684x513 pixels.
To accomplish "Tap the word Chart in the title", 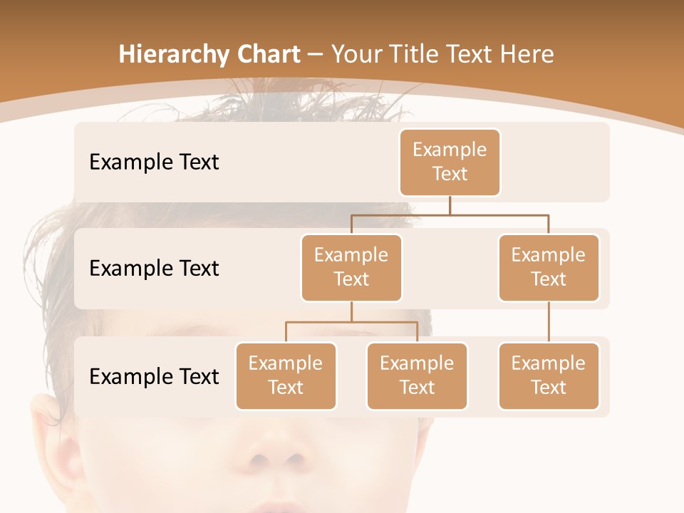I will tap(265, 55).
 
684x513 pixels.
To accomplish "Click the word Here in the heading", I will tap(527, 55).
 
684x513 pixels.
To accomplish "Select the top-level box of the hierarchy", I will tap(450, 162).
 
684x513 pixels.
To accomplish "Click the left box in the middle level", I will tap(351, 268).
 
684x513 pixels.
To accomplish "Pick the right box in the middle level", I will tap(549, 268).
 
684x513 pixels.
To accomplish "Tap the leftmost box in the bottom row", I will tap(286, 376).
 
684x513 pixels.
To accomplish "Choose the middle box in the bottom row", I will tap(417, 376).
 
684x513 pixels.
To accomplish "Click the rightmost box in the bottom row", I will tap(549, 376).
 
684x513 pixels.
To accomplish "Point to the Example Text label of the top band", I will tap(154, 162).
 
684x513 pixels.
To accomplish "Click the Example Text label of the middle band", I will tap(154, 269).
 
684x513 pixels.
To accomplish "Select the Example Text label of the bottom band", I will tap(154, 376).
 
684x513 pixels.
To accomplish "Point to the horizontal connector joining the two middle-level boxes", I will tap(450, 214).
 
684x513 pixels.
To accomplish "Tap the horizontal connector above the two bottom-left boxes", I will tap(351, 322).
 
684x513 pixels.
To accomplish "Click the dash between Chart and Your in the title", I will tap(316, 56).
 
